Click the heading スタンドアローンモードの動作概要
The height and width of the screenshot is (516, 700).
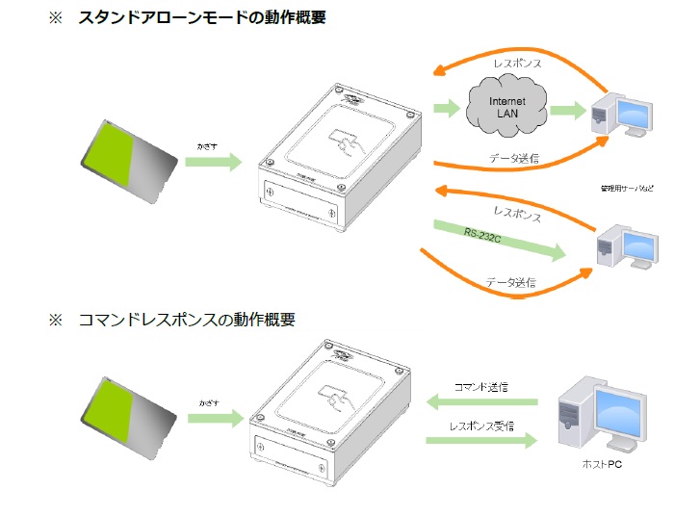202,17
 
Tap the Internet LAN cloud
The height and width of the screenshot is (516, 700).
507,108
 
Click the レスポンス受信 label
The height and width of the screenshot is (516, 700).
480,425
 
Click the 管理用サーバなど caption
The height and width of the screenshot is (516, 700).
626,188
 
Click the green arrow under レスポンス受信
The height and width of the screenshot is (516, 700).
481,440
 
